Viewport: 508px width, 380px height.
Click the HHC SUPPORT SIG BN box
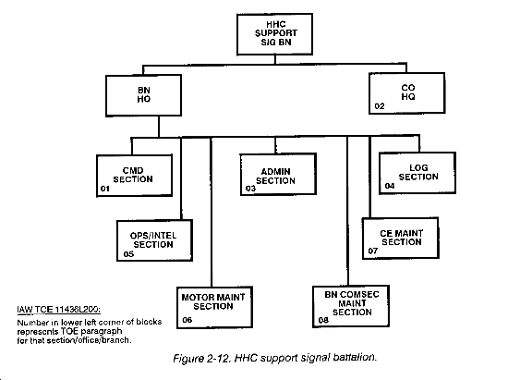tap(274, 34)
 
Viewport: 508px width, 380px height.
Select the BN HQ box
tap(143, 95)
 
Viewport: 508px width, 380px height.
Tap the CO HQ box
tap(407, 93)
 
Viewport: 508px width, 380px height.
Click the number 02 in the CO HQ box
tap(380, 106)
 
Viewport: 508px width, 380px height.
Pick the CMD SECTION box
tap(135, 176)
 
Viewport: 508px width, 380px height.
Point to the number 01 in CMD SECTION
tap(105, 189)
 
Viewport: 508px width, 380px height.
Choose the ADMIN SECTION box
tap(278, 174)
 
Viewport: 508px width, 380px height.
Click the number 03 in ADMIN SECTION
tap(250, 189)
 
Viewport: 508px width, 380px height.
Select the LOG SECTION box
tap(417, 173)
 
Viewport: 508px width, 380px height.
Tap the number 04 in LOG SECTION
tap(390, 186)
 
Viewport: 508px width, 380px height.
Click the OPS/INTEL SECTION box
tap(155, 240)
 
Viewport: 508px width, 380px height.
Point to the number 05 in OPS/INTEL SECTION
tap(128, 254)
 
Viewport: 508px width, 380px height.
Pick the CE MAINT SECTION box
tap(401, 239)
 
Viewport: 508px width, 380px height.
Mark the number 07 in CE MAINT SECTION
tap(373, 251)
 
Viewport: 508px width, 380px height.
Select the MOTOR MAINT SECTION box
tap(215, 307)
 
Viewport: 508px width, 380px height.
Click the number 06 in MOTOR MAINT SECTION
tap(187, 320)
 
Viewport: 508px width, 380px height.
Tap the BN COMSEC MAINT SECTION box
tap(351, 306)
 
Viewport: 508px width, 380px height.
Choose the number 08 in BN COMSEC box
tap(323, 320)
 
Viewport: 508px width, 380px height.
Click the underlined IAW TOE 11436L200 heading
tap(58, 310)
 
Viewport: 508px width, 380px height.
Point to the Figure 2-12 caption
tap(275, 358)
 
